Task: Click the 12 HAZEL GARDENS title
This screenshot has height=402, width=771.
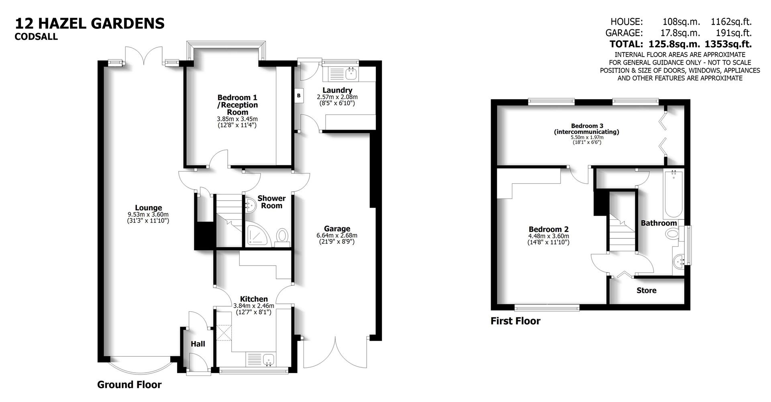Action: point(90,23)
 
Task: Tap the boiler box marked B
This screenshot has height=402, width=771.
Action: point(298,96)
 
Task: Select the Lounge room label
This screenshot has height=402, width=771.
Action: point(148,208)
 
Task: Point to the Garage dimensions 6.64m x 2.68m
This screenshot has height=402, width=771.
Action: point(337,236)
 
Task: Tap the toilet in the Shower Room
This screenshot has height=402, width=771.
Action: point(283,236)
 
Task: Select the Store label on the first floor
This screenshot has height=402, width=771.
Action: point(646,290)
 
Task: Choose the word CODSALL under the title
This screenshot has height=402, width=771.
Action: point(36,37)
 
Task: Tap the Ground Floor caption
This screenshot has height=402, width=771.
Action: point(129,385)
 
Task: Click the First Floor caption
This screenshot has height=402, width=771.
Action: point(515,321)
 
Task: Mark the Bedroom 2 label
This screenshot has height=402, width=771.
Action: point(548,229)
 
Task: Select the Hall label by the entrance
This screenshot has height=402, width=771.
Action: point(198,344)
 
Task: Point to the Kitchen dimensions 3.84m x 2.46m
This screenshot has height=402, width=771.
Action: point(254,306)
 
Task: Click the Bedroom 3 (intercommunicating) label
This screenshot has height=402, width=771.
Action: point(587,129)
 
